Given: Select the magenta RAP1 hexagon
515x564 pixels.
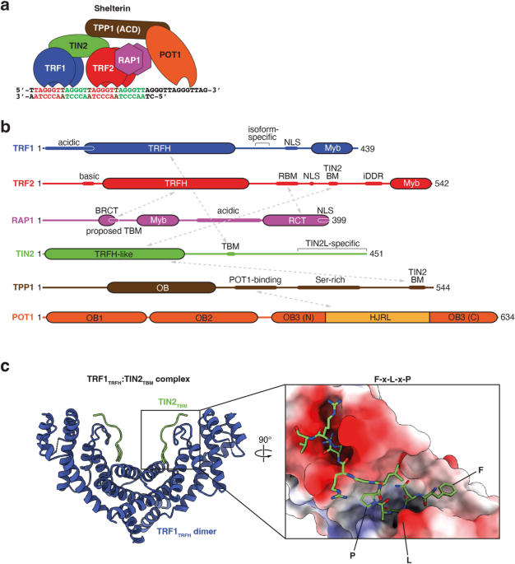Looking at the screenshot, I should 129,60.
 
